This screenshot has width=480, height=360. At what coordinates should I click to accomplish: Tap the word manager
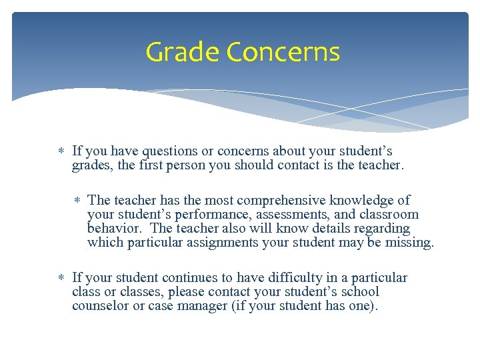(181, 306)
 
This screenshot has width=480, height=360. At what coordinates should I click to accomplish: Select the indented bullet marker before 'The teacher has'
(77, 201)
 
